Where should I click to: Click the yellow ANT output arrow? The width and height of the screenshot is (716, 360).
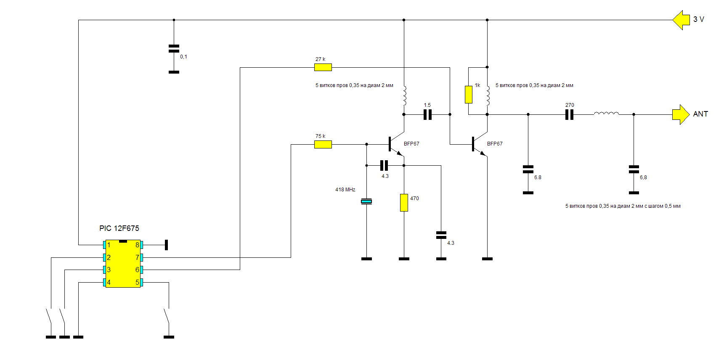pyautogui.click(x=681, y=114)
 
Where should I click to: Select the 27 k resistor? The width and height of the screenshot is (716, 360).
pyautogui.click(x=323, y=67)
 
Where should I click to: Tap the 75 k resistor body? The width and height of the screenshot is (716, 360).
pyautogui.click(x=323, y=145)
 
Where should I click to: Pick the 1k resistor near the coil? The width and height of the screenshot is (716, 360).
pyautogui.click(x=469, y=95)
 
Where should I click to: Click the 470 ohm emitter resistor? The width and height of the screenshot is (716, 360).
pyautogui.click(x=404, y=203)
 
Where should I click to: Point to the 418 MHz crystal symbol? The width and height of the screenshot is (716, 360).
pyautogui.click(x=366, y=201)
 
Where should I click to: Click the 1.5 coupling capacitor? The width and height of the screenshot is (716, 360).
pyautogui.click(x=427, y=114)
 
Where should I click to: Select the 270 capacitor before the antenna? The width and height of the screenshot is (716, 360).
pyautogui.click(x=569, y=114)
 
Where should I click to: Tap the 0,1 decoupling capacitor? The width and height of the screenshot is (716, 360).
pyautogui.click(x=174, y=48)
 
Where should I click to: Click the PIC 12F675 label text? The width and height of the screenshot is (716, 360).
pyautogui.click(x=119, y=228)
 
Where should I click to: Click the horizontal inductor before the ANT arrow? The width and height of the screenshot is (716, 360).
pyautogui.click(x=606, y=113)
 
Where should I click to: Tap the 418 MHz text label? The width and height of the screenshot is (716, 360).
pyautogui.click(x=345, y=190)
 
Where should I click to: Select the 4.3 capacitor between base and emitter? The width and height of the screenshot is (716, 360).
pyautogui.click(x=384, y=165)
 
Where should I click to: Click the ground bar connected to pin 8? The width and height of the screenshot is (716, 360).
pyautogui.click(x=166, y=245)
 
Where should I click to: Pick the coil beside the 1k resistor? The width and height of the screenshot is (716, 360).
pyautogui.click(x=488, y=96)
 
